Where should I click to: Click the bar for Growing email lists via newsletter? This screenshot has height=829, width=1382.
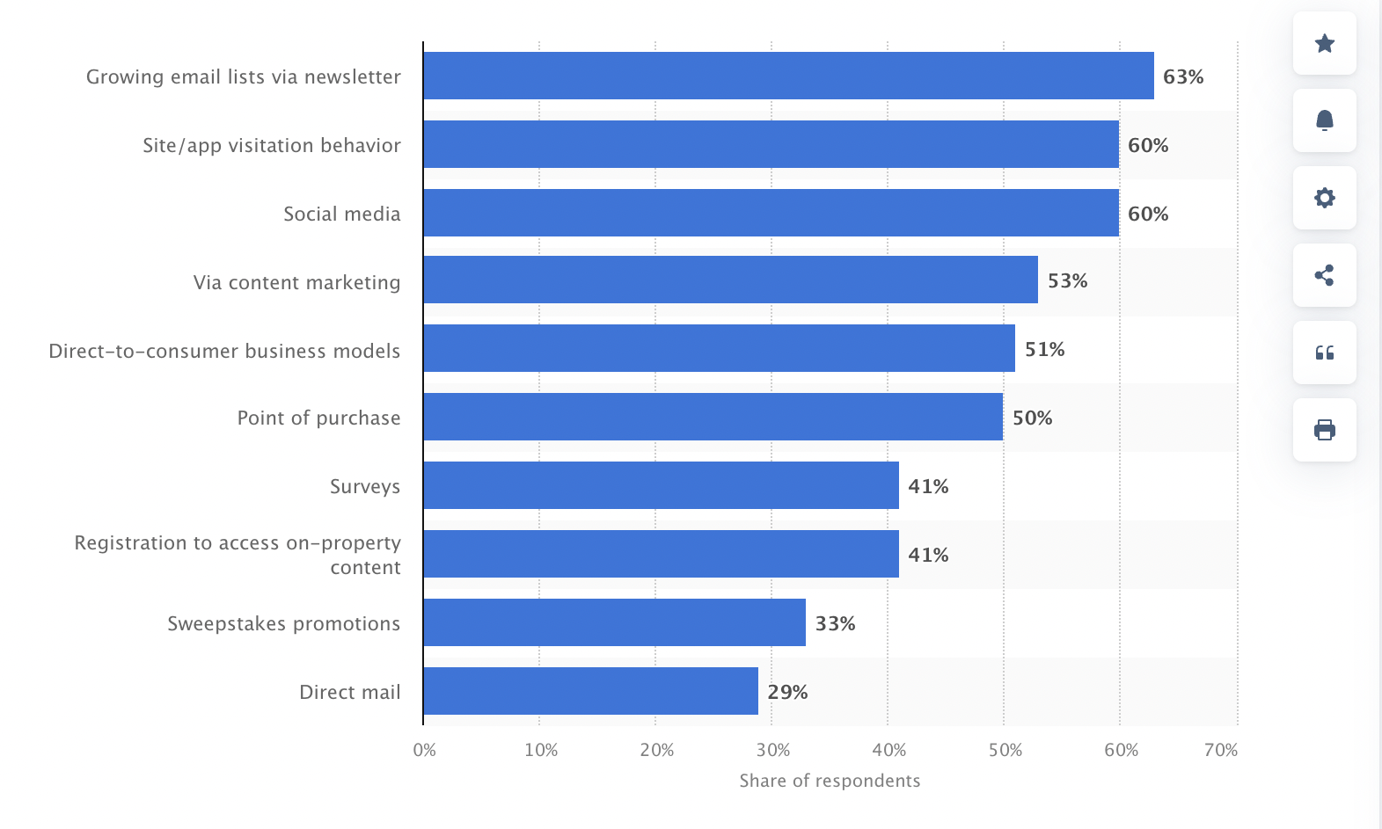[x=788, y=76]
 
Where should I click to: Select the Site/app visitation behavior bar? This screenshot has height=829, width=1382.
[x=771, y=144]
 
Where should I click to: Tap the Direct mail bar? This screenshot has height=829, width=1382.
[x=590, y=691]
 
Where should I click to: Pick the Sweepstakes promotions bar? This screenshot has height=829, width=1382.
[x=614, y=622]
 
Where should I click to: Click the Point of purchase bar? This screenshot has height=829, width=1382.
[x=713, y=417]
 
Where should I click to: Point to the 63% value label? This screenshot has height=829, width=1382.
[x=1183, y=76]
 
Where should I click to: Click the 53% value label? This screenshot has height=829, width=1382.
[x=1067, y=280]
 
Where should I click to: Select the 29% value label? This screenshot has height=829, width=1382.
[x=787, y=692]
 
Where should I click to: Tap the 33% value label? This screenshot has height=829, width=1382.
[x=835, y=623]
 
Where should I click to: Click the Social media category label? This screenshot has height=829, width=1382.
[x=341, y=214]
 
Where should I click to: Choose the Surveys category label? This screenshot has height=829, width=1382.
[x=364, y=486]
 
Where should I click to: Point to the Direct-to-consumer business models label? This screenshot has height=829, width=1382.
[x=224, y=351]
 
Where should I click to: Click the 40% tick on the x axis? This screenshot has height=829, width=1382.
[x=888, y=750]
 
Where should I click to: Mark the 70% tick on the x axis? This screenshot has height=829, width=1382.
[x=1220, y=750]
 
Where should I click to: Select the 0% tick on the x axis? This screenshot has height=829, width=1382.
[x=424, y=750]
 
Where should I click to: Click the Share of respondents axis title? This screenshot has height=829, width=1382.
[x=830, y=781]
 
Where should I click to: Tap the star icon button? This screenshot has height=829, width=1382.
[x=1324, y=43]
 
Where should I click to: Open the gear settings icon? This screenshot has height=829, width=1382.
[x=1324, y=198]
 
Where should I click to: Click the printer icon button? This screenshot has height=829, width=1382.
[x=1324, y=430]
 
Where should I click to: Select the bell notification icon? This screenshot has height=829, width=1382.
[x=1324, y=120]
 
